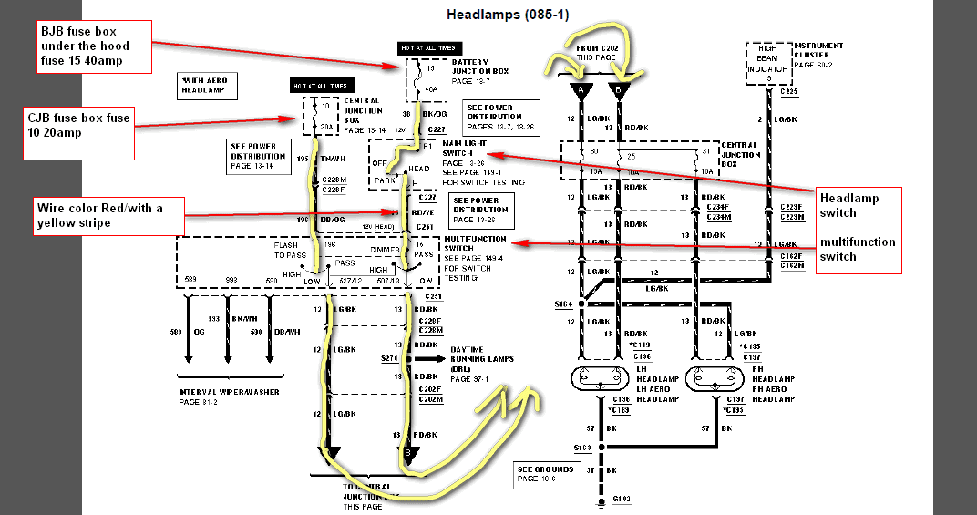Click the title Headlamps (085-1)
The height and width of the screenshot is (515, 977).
click(510, 15)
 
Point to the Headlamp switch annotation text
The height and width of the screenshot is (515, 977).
click(849, 206)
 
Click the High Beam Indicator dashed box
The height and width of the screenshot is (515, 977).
click(767, 64)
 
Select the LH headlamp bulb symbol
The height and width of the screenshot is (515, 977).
click(601, 378)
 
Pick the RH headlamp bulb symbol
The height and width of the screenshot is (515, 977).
click(713, 378)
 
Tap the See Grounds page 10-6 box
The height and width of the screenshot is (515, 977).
click(544, 473)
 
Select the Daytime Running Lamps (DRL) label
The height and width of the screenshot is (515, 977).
click(482, 363)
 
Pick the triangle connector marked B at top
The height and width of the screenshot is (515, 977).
click(621, 90)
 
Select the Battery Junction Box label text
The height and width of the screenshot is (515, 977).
click(479, 71)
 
